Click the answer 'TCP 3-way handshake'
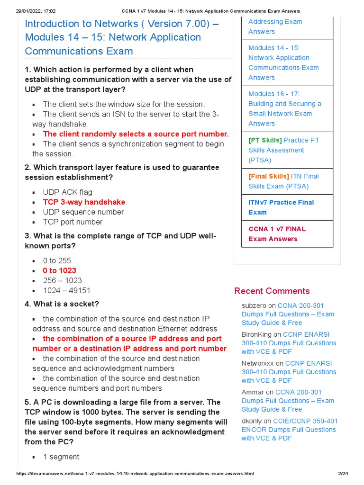84,202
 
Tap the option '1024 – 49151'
66,290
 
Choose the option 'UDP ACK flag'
67,192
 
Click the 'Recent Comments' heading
272,291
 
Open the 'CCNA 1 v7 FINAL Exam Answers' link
277,234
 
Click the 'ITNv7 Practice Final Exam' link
281,207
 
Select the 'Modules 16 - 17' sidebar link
284,108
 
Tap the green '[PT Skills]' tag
265,140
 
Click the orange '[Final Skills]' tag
269,176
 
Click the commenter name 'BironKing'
257,334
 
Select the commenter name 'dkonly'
252,421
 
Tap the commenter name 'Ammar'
253,392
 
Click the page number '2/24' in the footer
343,474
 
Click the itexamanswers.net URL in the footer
135,474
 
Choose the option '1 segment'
61,457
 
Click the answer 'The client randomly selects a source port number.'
136,134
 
